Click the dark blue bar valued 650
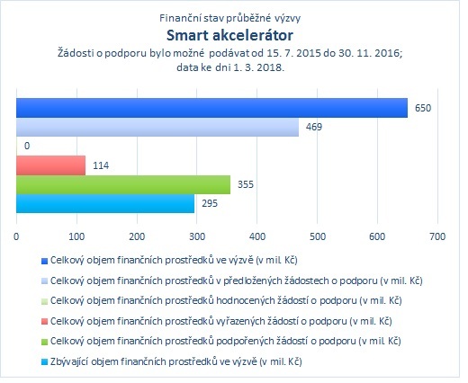click(x=211, y=108)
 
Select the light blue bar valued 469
click(x=157, y=127)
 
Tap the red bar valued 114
click(x=50, y=165)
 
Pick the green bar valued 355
click(x=123, y=184)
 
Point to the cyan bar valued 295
click(x=105, y=203)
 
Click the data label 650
click(x=423, y=108)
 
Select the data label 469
click(x=314, y=127)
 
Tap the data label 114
click(x=101, y=165)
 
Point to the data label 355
click(x=246, y=184)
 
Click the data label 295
click(x=210, y=204)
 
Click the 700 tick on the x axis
click(x=437, y=236)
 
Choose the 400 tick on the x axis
click(x=257, y=236)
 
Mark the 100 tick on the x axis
click(x=76, y=236)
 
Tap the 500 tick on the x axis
click(x=318, y=236)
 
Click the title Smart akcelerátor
click(x=229, y=35)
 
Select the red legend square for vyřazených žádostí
click(x=44, y=322)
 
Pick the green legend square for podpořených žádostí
click(x=44, y=342)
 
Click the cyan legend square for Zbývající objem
click(x=44, y=362)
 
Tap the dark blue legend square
click(x=44, y=262)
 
